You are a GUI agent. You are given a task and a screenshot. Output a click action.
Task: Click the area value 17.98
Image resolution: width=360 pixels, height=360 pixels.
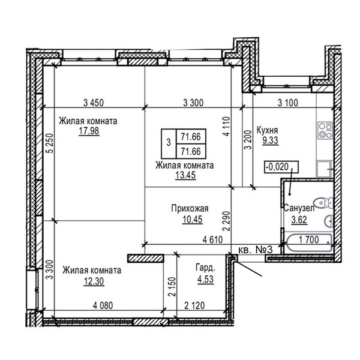(x=89, y=131)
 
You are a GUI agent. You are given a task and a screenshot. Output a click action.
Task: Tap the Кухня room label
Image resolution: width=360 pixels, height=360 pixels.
(x=267, y=130)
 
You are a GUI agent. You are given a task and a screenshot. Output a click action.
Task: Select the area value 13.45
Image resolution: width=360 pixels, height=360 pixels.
(x=185, y=175)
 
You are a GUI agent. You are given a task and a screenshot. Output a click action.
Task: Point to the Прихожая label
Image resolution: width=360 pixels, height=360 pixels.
(x=190, y=208)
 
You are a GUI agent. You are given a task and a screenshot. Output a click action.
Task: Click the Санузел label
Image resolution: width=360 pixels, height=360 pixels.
(x=299, y=208)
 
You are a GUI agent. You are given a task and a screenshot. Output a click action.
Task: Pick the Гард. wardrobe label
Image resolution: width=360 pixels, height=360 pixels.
(x=205, y=268)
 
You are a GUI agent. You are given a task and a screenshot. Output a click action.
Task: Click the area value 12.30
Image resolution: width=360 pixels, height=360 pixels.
(x=94, y=281)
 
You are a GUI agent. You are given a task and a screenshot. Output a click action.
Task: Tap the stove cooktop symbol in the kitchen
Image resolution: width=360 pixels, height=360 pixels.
(x=325, y=130)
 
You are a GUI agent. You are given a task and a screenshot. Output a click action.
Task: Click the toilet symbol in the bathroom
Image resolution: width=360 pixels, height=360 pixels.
(x=324, y=203)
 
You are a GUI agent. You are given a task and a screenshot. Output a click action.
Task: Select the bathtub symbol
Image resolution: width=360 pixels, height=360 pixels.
(x=309, y=243)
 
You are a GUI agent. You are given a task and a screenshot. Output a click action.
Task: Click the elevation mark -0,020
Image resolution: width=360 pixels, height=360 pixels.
(x=281, y=167)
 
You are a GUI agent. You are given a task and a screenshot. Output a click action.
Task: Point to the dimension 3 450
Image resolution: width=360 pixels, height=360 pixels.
(x=94, y=103)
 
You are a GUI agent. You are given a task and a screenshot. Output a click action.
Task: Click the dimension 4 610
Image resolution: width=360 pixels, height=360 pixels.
(x=212, y=239)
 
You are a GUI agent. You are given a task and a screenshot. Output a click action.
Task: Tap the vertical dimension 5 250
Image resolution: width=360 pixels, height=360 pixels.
(x=50, y=143)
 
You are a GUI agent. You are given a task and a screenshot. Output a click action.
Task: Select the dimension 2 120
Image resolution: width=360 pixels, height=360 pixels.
(x=194, y=305)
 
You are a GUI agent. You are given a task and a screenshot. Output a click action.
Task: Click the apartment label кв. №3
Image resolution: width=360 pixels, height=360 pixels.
(x=256, y=250)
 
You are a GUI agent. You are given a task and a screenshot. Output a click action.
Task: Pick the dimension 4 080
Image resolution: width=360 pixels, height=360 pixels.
(x=103, y=305)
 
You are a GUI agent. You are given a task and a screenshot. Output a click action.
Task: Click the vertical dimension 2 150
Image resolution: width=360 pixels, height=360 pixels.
(x=172, y=287)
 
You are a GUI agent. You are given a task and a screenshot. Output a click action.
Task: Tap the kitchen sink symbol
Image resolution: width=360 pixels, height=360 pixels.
(x=325, y=169)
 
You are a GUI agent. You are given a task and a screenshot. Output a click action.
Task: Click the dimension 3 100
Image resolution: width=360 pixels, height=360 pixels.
(x=288, y=103)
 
